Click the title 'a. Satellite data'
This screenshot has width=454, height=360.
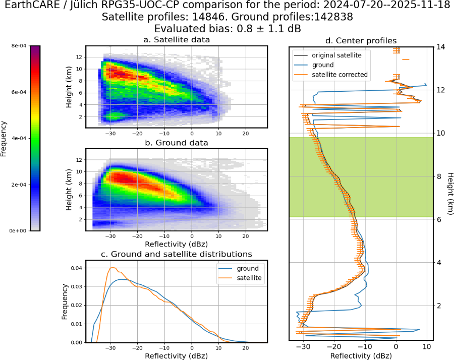point(177,40)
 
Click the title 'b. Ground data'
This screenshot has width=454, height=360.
point(177,143)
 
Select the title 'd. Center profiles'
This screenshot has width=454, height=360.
point(361,40)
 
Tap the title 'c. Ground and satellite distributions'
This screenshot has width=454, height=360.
point(177,254)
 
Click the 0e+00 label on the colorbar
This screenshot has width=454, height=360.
point(19,230)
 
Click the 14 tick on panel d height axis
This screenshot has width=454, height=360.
point(441,47)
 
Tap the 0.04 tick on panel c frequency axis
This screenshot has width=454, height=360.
point(77,268)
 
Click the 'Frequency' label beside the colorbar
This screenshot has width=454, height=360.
point(4,139)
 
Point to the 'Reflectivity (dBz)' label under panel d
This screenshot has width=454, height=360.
point(361,355)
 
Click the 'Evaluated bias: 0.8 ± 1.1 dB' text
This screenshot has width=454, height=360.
point(228,29)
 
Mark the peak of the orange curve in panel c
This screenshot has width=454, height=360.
point(112,267)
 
